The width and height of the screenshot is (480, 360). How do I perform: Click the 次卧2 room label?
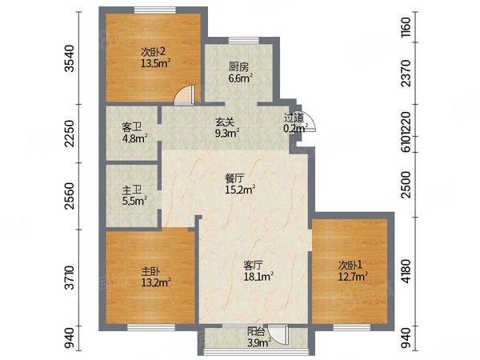153,51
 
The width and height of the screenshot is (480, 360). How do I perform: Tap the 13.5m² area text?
155,63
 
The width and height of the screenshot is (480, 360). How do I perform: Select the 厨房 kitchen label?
238,66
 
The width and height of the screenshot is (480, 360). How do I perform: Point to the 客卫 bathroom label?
132,126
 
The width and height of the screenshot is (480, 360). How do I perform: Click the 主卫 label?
132,190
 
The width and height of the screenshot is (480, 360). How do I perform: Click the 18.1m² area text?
258,277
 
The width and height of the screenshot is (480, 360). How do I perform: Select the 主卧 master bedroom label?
150,271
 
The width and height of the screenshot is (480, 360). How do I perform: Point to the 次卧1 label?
350,265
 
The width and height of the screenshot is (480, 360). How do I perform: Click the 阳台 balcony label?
256,331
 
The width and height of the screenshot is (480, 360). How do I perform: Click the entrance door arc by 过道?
310,121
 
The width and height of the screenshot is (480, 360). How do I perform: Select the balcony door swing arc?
278,336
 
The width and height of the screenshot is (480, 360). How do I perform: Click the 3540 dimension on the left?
70,58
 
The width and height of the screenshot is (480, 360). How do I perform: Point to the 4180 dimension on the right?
406,271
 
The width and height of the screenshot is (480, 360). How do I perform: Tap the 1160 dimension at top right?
406,27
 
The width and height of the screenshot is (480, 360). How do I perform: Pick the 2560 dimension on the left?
70,196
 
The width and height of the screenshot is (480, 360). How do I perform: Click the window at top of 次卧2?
155,10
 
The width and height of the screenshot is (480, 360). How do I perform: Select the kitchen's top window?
244,41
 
